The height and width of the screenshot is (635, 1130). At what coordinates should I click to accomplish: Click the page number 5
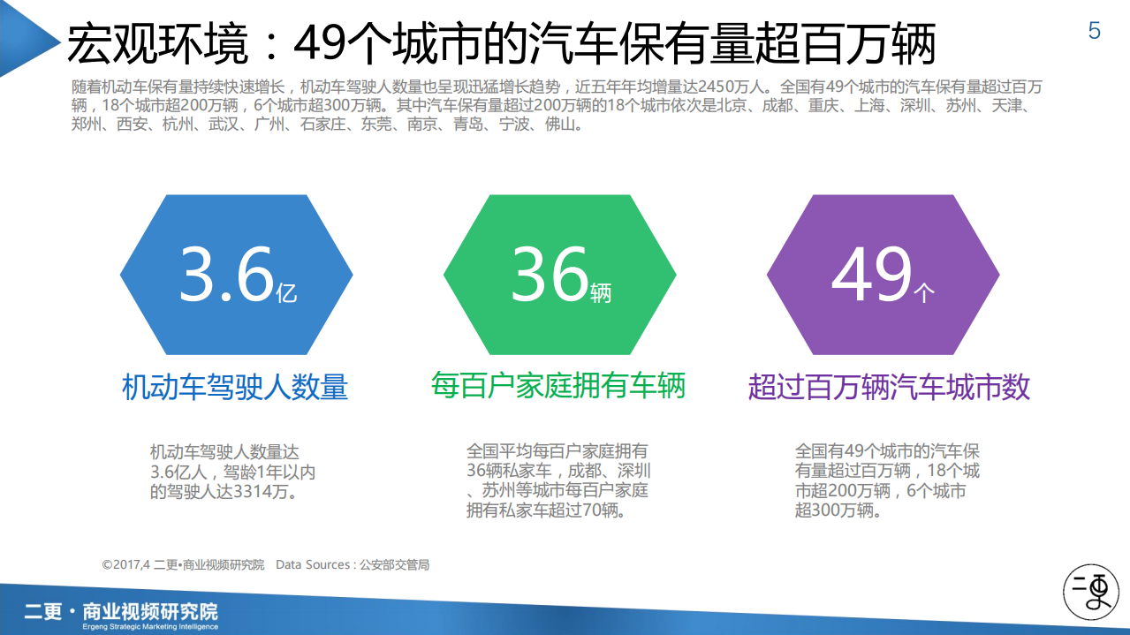click(1095, 32)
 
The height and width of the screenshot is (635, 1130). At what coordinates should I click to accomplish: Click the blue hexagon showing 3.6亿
click(237, 275)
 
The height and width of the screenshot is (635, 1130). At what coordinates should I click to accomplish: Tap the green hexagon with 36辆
click(560, 275)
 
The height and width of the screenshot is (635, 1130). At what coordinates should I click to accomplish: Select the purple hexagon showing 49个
click(884, 275)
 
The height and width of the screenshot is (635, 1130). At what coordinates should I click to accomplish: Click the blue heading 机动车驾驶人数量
click(235, 387)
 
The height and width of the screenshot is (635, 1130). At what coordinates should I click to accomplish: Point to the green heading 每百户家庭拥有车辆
click(558, 385)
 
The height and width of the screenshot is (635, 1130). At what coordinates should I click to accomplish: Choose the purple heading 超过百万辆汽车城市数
click(889, 387)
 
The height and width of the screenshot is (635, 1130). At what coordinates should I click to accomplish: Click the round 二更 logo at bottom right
click(1089, 589)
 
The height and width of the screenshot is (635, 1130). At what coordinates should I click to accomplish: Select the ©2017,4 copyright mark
click(126, 564)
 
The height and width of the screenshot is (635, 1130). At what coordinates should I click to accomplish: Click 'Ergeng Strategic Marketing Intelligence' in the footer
click(148, 626)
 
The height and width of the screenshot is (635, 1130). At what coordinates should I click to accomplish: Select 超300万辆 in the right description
click(833, 510)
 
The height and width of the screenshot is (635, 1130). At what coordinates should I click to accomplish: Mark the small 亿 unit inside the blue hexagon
click(286, 292)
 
